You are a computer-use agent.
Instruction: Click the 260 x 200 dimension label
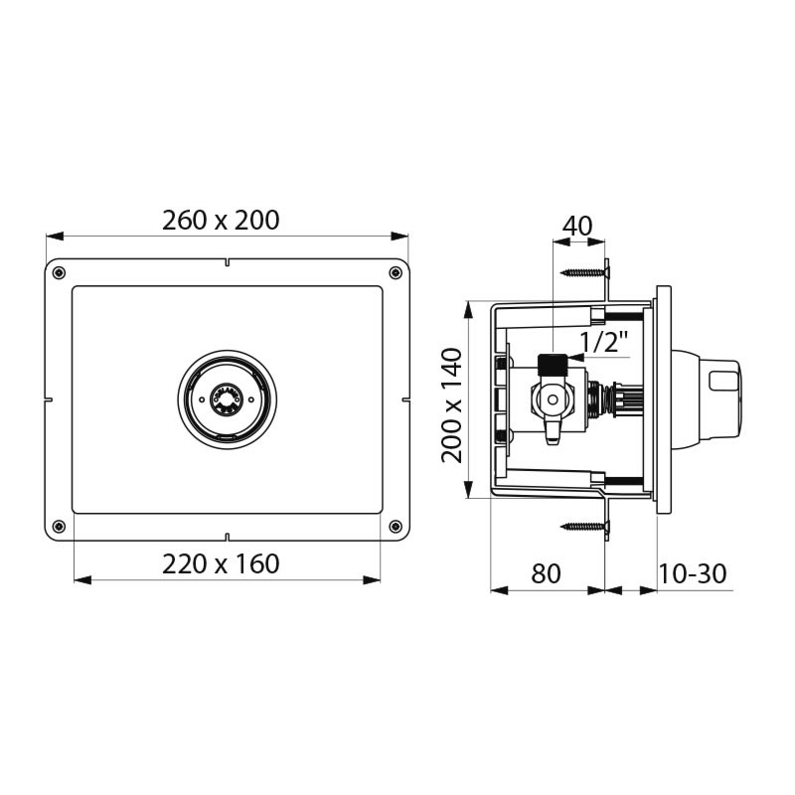[221, 220]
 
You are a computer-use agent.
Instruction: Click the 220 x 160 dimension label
[221, 564]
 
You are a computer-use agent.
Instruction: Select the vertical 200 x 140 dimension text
[452, 404]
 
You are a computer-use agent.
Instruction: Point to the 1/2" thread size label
[604, 343]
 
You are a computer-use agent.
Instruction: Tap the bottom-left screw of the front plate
[60, 526]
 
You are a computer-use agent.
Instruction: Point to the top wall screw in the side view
[586, 271]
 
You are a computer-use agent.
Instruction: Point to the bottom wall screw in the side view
[586, 527]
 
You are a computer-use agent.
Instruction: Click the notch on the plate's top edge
[228, 264]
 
